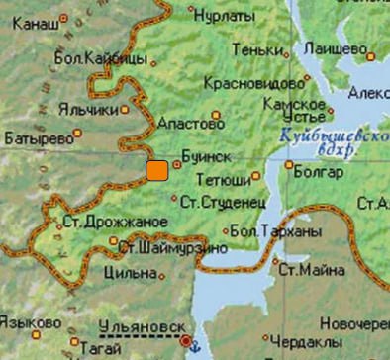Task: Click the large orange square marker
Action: [x=156, y=170]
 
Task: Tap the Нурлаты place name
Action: [x=223, y=17]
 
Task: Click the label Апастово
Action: [x=185, y=126]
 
